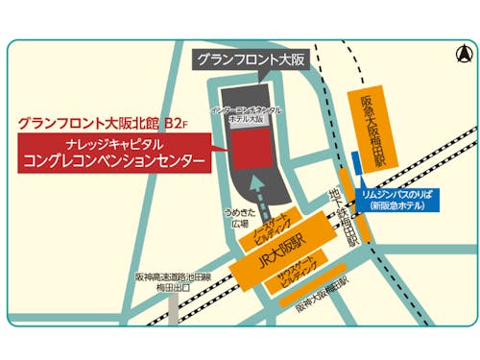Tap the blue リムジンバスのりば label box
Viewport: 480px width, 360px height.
396,198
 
